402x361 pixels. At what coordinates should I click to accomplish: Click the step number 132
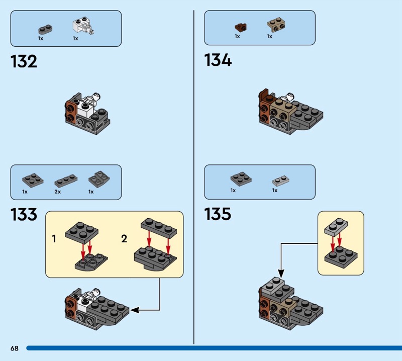tap(24, 61)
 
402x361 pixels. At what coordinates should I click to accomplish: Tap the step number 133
tap(24, 215)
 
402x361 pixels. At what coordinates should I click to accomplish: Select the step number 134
tap(218, 60)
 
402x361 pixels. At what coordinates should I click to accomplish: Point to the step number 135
tap(218, 214)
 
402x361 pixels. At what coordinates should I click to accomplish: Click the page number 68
tap(15, 348)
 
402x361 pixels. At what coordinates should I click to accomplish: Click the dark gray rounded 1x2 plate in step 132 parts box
tap(45, 30)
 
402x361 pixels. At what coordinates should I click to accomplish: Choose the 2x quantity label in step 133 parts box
tap(58, 192)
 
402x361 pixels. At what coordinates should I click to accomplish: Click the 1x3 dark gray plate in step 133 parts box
tap(66, 181)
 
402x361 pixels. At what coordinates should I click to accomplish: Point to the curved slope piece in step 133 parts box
tap(99, 179)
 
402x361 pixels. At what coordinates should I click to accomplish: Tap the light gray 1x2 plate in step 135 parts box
tap(281, 181)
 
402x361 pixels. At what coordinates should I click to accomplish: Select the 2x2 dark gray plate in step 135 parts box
tap(241, 179)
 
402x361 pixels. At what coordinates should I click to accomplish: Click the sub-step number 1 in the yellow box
tap(54, 239)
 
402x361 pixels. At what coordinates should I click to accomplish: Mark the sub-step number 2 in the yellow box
tap(124, 239)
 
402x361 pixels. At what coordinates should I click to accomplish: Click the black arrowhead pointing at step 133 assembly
tap(135, 310)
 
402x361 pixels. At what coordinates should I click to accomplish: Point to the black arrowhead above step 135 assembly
tap(281, 274)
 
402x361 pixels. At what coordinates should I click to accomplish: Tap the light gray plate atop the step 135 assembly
tap(273, 286)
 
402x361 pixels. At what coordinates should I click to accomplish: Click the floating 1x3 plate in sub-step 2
tap(159, 228)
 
